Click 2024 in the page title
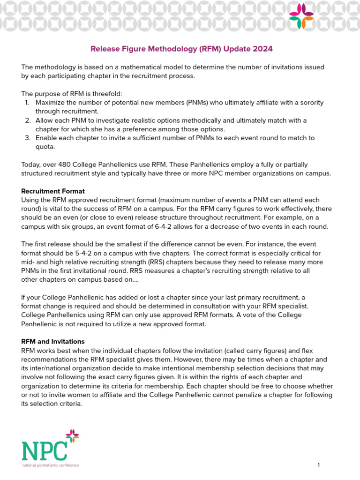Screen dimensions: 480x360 263,48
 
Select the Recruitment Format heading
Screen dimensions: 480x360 53,191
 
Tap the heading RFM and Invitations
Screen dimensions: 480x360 53,341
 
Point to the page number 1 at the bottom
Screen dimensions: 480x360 318,465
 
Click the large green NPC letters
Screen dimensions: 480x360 44,450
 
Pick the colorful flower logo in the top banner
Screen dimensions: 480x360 301,15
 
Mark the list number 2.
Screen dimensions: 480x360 28,120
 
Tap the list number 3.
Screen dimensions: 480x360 28,138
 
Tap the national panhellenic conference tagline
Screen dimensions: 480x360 51,465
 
